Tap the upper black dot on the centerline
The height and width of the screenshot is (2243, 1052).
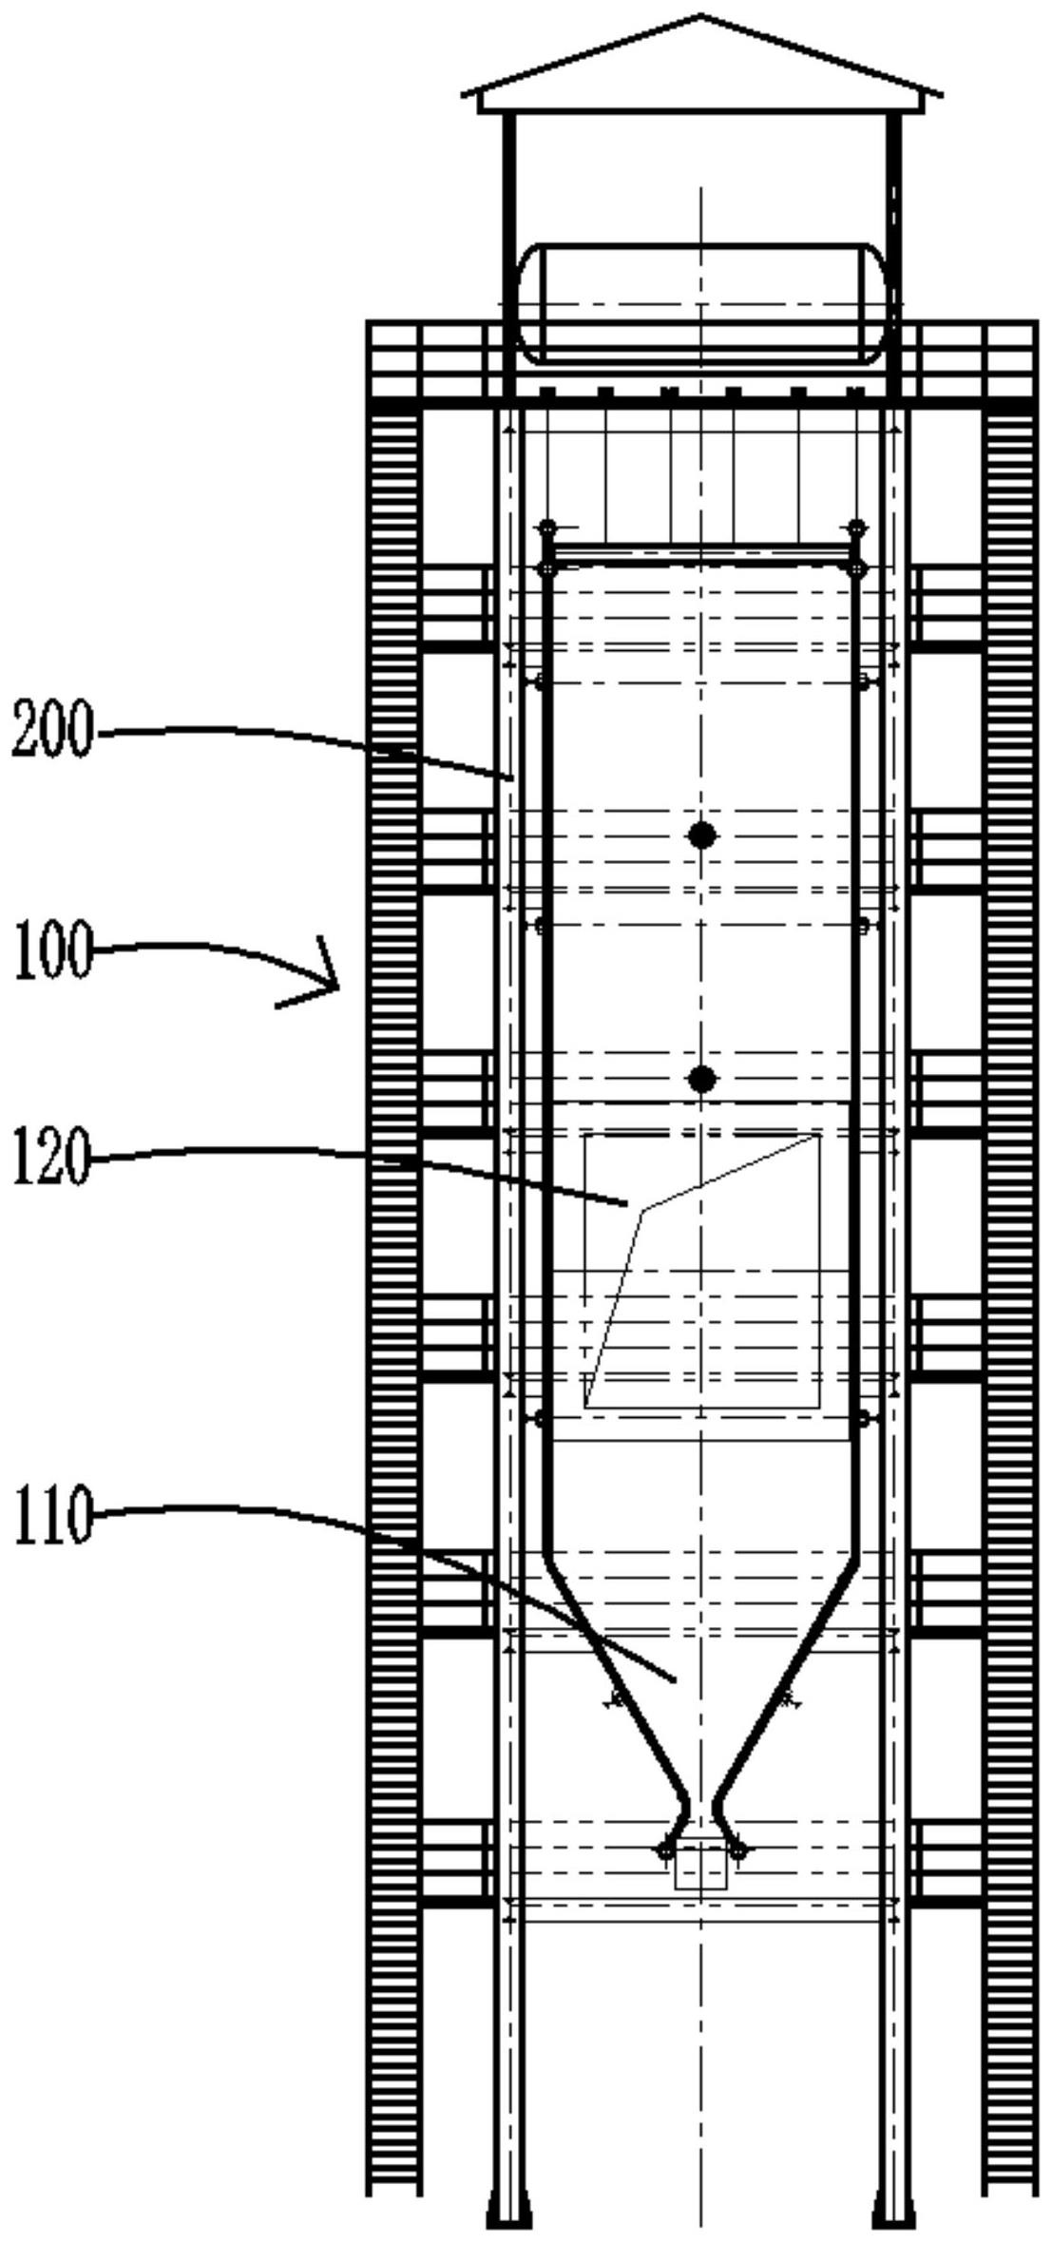(701, 835)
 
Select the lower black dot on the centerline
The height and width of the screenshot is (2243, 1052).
(701, 1079)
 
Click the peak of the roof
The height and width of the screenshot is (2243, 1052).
(701, 15)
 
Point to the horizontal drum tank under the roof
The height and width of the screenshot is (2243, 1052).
(701, 303)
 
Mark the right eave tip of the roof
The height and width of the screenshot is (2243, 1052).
(940, 94)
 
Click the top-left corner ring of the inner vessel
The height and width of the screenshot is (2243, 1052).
(546, 568)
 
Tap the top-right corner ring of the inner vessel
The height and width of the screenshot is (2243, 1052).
(857, 568)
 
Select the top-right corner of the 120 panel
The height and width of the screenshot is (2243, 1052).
(819, 1135)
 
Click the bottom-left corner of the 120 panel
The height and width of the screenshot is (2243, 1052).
(585, 1407)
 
